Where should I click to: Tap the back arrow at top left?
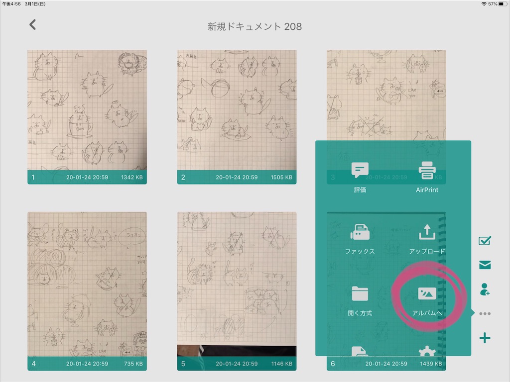click(33, 24)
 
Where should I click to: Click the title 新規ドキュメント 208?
click(255, 26)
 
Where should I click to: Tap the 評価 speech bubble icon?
click(360, 171)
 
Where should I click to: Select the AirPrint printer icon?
click(427, 171)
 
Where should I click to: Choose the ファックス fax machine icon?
click(360, 232)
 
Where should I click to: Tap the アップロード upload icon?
click(427, 232)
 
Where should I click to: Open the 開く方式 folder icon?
click(360, 293)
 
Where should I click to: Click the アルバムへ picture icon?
click(427, 293)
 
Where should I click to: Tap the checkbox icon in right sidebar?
click(485, 241)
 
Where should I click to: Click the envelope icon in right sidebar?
click(485, 265)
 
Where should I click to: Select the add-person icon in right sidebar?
click(485, 289)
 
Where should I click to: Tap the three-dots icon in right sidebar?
click(485, 314)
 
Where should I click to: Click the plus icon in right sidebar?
click(485, 338)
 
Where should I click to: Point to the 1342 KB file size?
click(132, 177)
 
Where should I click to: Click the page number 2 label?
click(183, 177)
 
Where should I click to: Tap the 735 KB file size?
click(133, 364)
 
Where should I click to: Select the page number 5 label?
click(183, 364)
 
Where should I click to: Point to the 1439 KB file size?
click(431, 364)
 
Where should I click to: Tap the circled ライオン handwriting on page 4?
click(131, 234)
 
